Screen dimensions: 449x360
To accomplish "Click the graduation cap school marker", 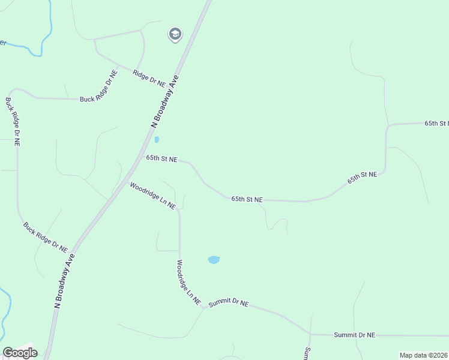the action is coord(175,34).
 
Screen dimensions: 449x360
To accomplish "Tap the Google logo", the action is coord(20,353).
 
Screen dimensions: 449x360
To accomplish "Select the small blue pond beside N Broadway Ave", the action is coord(157,140).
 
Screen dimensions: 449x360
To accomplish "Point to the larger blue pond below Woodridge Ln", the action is coord(214,260).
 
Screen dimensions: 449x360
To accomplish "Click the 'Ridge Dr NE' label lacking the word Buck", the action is coord(149,79).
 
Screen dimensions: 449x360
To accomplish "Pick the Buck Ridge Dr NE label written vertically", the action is coord(13,122).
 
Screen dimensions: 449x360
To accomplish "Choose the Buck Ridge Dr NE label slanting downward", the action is coord(46,236).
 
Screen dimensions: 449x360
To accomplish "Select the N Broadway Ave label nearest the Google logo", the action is coord(64,281).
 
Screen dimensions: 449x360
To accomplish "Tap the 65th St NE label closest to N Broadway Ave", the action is coord(162,159).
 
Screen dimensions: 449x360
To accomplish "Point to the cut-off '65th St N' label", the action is coord(436,123).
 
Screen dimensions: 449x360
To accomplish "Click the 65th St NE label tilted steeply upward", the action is coord(362,178).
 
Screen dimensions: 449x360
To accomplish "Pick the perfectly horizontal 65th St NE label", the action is coord(247,199).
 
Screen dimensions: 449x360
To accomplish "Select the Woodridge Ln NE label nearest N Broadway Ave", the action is coord(152,196).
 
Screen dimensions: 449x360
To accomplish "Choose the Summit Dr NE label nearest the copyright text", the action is coord(354,334).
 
